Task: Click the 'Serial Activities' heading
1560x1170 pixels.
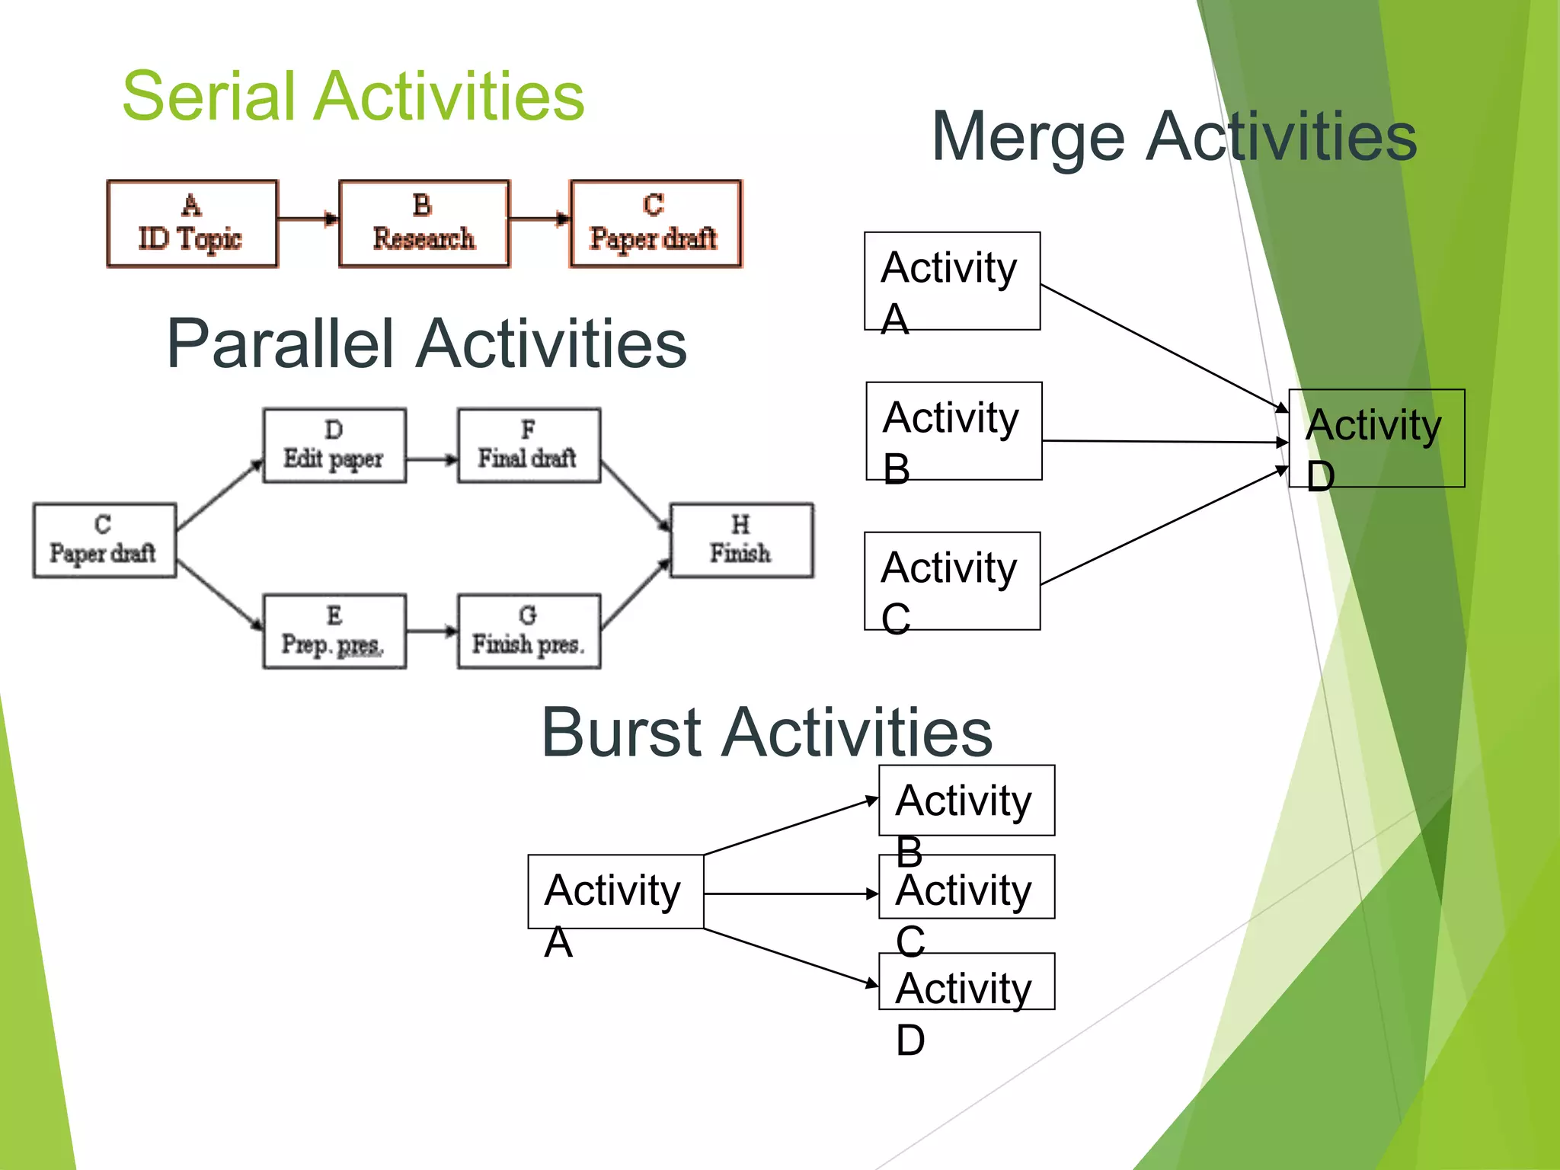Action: (353, 97)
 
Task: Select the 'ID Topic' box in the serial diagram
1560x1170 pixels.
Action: (192, 224)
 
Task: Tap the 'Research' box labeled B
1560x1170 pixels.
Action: (424, 224)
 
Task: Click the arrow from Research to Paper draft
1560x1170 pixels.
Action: (539, 219)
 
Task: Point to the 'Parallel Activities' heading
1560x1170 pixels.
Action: (427, 344)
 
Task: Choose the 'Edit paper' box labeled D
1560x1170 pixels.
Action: (334, 446)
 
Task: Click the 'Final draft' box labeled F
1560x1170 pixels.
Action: (529, 446)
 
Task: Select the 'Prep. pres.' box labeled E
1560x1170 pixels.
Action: (334, 631)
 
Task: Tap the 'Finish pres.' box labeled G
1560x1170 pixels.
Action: (529, 631)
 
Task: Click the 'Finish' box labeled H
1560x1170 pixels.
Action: (741, 540)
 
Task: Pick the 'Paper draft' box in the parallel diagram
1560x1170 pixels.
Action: (104, 540)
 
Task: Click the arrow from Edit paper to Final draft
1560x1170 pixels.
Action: (431, 459)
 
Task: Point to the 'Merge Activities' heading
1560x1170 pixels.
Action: (1174, 137)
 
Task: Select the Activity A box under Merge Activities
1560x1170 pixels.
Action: (952, 281)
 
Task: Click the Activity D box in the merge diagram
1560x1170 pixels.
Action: (1376, 438)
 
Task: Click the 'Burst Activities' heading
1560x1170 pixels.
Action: (766, 733)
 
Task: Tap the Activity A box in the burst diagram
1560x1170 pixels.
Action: (615, 891)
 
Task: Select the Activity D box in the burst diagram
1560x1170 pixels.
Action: (966, 982)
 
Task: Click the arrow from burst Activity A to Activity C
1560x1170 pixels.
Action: (791, 893)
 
